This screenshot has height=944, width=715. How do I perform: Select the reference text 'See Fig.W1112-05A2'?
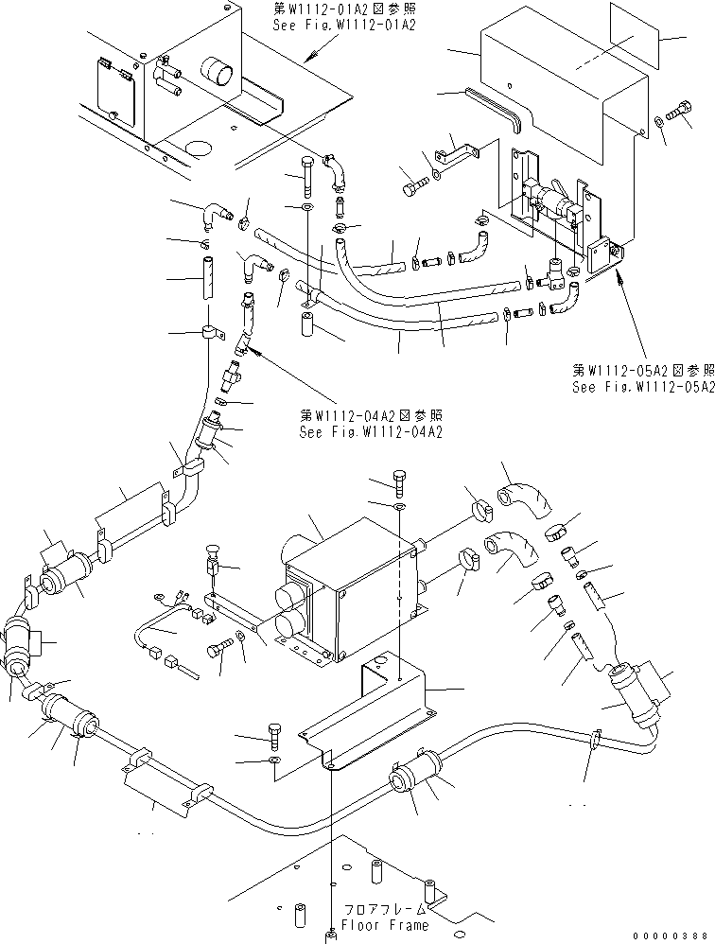pos(642,387)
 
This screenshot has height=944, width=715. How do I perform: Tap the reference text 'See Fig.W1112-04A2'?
pos(370,432)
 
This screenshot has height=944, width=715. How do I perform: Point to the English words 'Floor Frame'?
pos(385,925)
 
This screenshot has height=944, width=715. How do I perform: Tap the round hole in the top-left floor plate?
pos(200,148)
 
